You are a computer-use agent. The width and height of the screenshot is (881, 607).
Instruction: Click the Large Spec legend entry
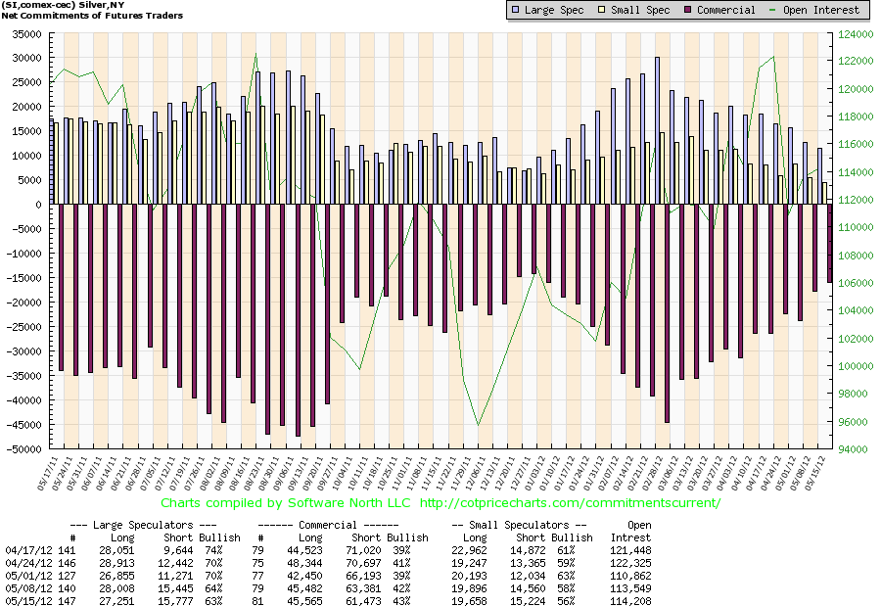[x=548, y=10]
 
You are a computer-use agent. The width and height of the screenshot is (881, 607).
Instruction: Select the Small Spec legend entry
[x=633, y=10]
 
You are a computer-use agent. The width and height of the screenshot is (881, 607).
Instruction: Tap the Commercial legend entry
[x=719, y=10]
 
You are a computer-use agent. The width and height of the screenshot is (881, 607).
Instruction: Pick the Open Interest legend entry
[x=814, y=10]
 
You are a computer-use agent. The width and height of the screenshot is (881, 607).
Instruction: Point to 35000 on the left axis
[x=27, y=34]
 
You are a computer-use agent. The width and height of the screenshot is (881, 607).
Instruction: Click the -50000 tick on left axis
[x=24, y=449]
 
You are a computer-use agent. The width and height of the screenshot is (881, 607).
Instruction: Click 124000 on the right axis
[x=856, y=34]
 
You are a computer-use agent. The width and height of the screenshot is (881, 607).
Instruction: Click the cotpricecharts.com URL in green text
[x=570, y=503]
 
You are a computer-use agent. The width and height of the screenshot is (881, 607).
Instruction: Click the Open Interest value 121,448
[x=630, y=551]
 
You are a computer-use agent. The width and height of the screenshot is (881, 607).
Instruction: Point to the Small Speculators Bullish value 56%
[x=565, y=601]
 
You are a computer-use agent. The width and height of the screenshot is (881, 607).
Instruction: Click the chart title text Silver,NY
[x=102, y=5]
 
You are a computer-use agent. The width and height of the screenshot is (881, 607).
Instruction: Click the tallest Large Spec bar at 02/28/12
[x=658, y=130]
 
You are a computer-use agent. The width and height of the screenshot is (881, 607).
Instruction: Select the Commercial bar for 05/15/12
[x=829, y=244]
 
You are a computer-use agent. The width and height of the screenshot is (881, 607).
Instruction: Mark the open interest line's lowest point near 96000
[x=478, y=426]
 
